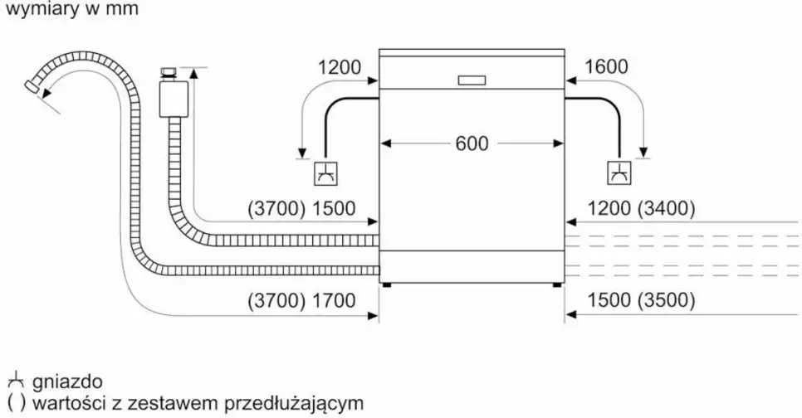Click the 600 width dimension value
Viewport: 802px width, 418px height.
(472, 143)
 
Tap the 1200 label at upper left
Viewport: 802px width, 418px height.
(340, 67)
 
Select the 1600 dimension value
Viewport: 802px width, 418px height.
(606, 67)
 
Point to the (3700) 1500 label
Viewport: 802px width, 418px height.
(301, 210)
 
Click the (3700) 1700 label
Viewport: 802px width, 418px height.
(301, 300)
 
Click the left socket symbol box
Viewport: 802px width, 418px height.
(325, 173)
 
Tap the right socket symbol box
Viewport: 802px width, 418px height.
(619, 173)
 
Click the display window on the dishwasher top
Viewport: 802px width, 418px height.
(471, 80)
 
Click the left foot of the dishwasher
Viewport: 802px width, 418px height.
(386, 286)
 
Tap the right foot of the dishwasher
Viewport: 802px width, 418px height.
(557, 286)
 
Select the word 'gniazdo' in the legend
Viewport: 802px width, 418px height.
(67, 382)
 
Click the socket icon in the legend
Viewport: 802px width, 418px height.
(15, 382)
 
